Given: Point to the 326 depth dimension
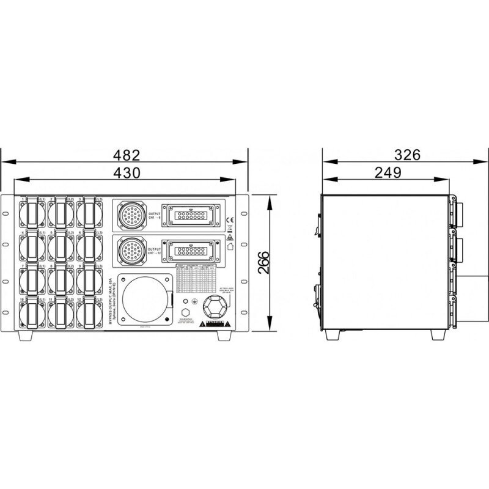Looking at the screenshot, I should tap(407, 155).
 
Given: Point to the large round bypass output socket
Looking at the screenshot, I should tap(144, 301).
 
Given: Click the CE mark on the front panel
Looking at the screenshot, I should tap(229, 221).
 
